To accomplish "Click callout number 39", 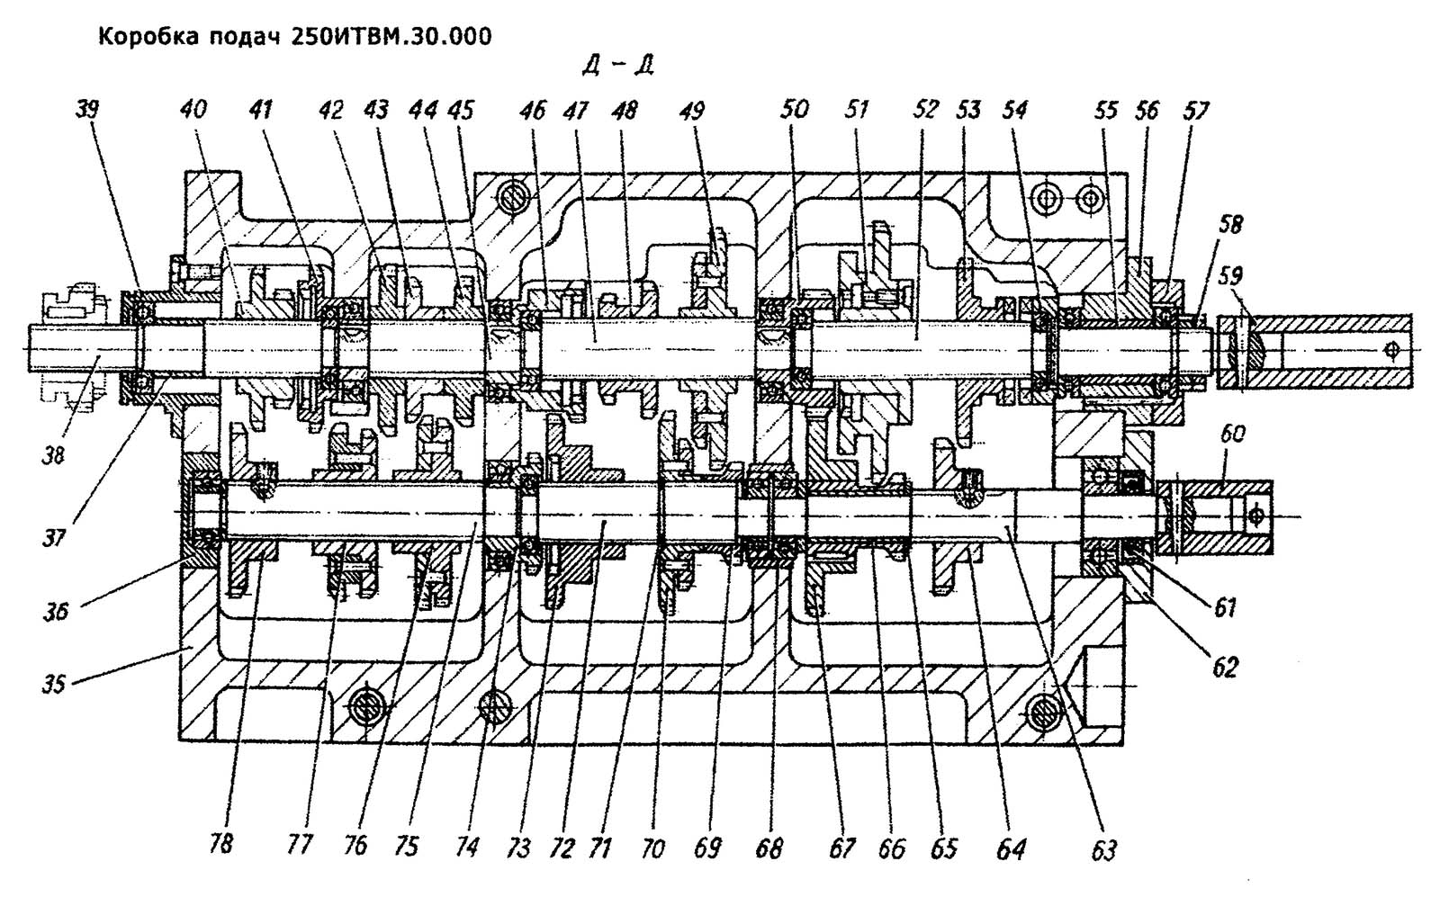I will pyautogui.click(x=87, y=110).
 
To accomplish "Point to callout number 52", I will pyautogui.click(x=925, y=110).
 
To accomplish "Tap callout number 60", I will pyautogui.click(x=1232, y=435).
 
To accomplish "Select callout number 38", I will pyautogui.click(x=53, y=455).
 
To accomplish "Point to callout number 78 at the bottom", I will pyautogui.click(x=221, y=844).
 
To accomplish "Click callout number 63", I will pyautogui.click(x=1103, y=849).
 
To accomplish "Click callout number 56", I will pyautogui.click(x=1147, y=110).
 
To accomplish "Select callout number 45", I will pyautogui.click(x=461, y=110).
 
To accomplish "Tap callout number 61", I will pyautogui.click(x=1223, y=608).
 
